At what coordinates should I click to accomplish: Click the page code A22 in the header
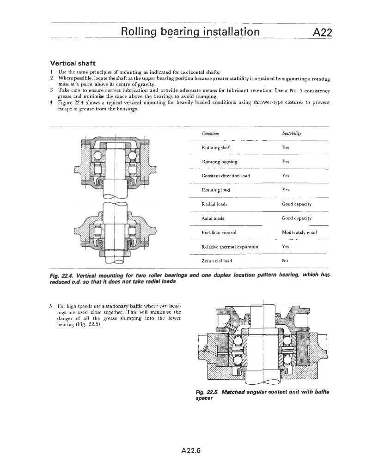[x=323, y=32]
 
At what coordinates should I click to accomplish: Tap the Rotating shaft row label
[x=216, y=148]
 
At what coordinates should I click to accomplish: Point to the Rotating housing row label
[x=220, y=162]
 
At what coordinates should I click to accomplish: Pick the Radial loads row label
[x=214, y=204]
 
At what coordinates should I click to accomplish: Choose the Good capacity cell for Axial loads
[x=296, y=218]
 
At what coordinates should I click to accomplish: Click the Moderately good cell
[x=299, y=232]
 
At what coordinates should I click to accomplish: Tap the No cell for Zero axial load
[x=285, y=261]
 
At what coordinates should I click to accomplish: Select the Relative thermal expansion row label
[x=230, y=247]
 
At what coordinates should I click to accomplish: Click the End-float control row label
[x=219, y=232]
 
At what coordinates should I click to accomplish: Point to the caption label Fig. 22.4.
[x=62, y=275]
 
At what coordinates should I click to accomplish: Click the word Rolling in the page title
[x=138, y=32]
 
